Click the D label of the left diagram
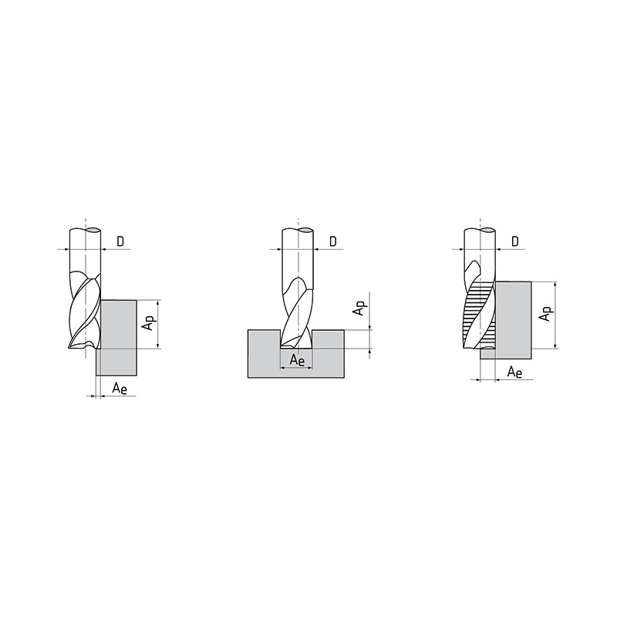point(120,241)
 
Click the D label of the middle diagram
point(333,241)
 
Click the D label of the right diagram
point(515,241)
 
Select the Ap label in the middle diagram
point(360,308)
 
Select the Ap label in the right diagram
point(546,314)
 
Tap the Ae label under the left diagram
point(120,388)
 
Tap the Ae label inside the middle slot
point(297,360)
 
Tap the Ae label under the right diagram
point(514,372)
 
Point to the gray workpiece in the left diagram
point(117,338)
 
